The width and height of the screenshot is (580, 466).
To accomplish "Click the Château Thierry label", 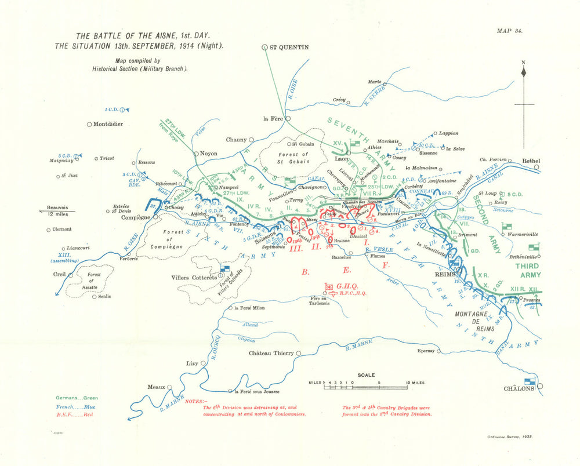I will pos(271,354).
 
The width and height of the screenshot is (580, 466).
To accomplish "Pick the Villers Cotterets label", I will pos(194,276).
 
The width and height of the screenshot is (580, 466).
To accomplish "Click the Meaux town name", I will pos(155,387).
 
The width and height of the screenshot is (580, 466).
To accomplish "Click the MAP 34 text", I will pos(510,31).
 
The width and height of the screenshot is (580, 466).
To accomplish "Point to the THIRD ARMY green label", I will pos(526,270).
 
